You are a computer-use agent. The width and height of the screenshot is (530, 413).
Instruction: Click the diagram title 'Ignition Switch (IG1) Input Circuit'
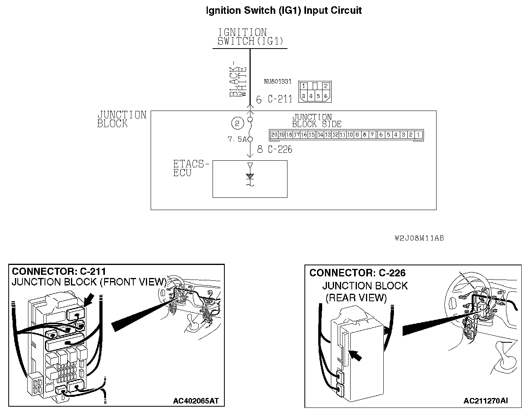click(284, 11)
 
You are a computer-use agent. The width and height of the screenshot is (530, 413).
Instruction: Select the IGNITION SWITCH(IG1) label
click(250, 37)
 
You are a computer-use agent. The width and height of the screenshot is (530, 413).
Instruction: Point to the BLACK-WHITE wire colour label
click(238, 79)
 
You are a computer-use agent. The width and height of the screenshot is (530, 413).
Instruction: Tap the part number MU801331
click(278, 82)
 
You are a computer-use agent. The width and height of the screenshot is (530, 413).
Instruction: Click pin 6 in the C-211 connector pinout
click(326, 96)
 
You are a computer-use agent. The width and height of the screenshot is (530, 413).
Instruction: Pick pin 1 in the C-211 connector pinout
click(303, 86)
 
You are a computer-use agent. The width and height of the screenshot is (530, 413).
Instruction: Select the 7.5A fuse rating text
click(237, 139)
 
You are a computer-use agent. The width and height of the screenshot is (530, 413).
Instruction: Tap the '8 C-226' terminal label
click(274, 149)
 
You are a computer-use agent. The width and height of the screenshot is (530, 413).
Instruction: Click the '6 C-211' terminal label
click(274, 99)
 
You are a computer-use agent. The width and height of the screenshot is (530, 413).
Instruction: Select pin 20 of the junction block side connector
click(274, 135)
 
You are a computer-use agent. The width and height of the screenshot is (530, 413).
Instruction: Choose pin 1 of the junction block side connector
click(418, 135)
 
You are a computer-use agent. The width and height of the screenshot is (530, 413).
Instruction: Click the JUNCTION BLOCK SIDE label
click(316, 120)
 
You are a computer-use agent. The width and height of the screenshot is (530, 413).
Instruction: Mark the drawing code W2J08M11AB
click(419, 238)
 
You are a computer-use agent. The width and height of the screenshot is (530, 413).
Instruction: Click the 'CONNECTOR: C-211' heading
click(59, 272)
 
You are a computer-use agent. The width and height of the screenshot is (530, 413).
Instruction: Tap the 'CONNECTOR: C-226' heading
click(357, 273)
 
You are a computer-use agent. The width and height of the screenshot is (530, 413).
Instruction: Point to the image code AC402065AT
click(196, 401)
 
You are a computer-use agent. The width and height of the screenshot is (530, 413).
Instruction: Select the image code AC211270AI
click(486, 401)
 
